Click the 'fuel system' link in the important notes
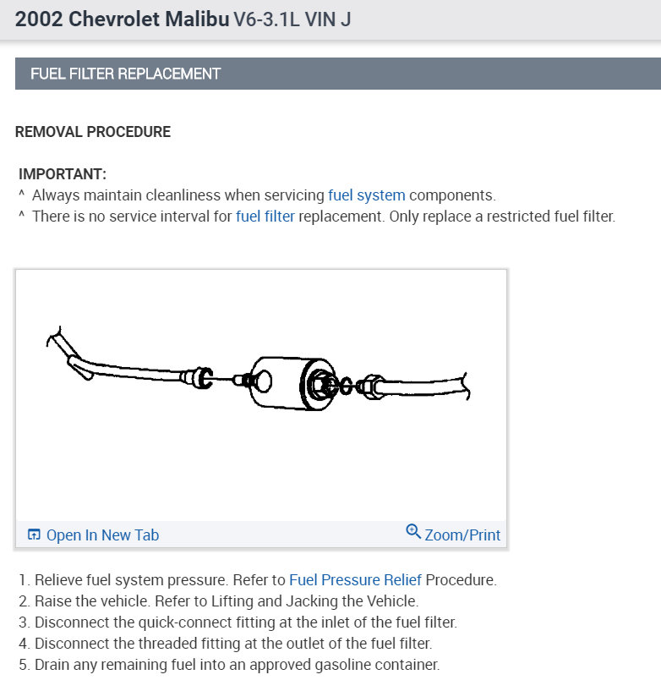click(366, 195)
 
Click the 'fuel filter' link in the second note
click(265, 217)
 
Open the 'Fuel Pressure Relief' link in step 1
click(355, 580)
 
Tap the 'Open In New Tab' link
click(102, 535)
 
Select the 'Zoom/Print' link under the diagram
click(462, 535)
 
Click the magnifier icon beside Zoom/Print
click(413, 532)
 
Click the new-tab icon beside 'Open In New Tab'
click(35, 535)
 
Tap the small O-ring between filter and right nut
click(345, 387)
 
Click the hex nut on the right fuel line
click(369, 388)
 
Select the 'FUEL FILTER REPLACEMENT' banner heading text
click(125, 74)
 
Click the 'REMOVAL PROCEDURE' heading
click(93, 132)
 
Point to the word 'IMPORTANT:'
click(63, 174)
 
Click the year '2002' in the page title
click(38, 19)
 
